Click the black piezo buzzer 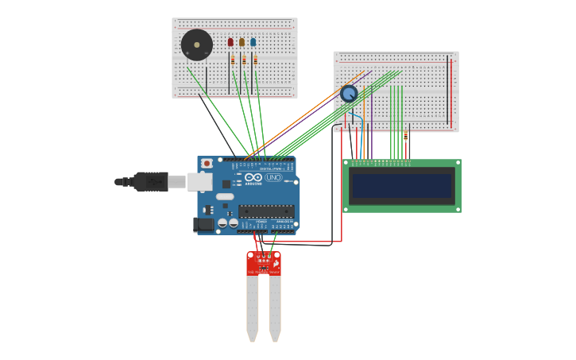pyautogui.click(x=196, y=45)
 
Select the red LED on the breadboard pyautogui.click(x=230, y=42)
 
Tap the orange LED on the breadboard pyautogui.click(x=242, y=42)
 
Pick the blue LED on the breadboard pyautogui.click(x=253, y=42)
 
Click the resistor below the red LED pyautogui.click(x=233, y=60)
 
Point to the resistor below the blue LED pyautogui.click(x=255, y=60)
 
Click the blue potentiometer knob pyautogui.click(x=349, y=94)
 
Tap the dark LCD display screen pyautogui.click(x=402, y=186)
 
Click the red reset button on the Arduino pyautogui.click(x=207, y=163)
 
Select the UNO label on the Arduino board pyautogui.click(x=273, y=177)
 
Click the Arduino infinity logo pyautogui.click(x=253, y=177)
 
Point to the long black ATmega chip pyautogui.click(x=266, y=211)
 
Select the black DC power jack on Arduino pyautogui.click(x=203, y=225)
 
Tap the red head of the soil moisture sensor pyautogui.click(x=263, y=263)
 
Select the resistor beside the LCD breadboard pyautogui.click(x=405, y=137)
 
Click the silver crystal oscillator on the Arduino pyautogui.click(x=225, y=196)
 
